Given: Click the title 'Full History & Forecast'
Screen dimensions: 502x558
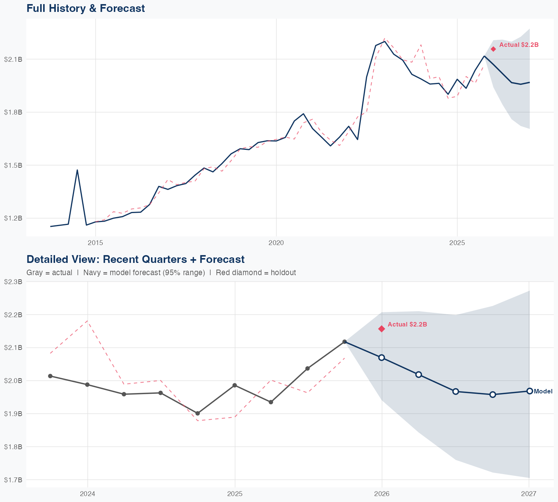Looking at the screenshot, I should pyautogui.click(x=86, y=8).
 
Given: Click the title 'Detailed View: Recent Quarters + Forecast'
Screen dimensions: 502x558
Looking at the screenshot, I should pyautogui.click(x=135, y=259).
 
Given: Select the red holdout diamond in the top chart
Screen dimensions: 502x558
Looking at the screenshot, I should pyautogui.click(x=493, y=49).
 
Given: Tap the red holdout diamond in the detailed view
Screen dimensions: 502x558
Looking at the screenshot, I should pyautogui.click(x=382, y=329).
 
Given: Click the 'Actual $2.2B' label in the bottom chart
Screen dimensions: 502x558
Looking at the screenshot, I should pyautogui.click(x=407, y=324).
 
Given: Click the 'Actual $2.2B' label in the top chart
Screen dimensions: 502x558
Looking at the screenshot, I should pyautogui.click(x=519, y=45).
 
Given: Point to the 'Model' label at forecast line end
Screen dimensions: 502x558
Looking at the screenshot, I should pyautogui.click(x=543, y=391).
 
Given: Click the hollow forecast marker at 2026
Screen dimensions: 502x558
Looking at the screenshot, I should pyautogui.click(x=382, y=357).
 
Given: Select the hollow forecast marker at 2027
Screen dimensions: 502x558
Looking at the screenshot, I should pyautogui.click(x=529, y=391).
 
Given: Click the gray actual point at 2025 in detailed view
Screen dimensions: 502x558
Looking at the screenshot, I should pyautogui.click(x=235, y=385).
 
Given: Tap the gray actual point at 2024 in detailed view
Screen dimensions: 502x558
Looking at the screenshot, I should pyautogui.click(x=87, y=384).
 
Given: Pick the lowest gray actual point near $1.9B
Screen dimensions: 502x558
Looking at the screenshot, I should pyautogui.click(x=198, y=413).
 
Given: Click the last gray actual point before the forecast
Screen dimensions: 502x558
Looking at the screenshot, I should pyautogui.click(x=344, y=342).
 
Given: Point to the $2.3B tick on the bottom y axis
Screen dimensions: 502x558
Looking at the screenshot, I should pyautogui.click(x=13, y=282).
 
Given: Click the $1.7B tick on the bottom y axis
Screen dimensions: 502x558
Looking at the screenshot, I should pyautogui.click(x=13, y=480).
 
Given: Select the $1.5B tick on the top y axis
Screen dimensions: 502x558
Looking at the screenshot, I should pyautogui.click(x=13, y=165).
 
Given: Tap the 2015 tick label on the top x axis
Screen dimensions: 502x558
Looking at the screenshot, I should pyautogui.click(x=96, y=243).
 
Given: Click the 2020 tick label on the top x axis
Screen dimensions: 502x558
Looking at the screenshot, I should pyautogui.click(x=276, y=243).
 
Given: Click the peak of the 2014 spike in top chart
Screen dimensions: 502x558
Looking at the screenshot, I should pyautogui.click(x=77, y=170).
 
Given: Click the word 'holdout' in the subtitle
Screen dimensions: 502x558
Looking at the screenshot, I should pyautogui.click(x=283, y=273).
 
